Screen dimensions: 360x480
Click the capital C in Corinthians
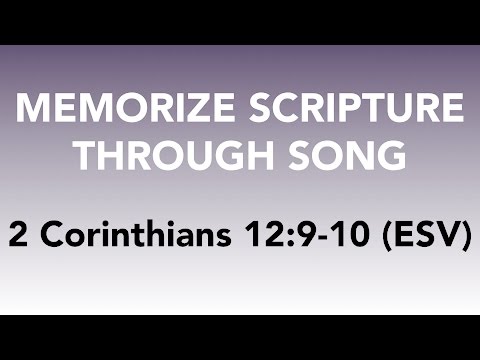click(x=51, y=238)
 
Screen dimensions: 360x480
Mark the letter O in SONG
click(x=333, y=158)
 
